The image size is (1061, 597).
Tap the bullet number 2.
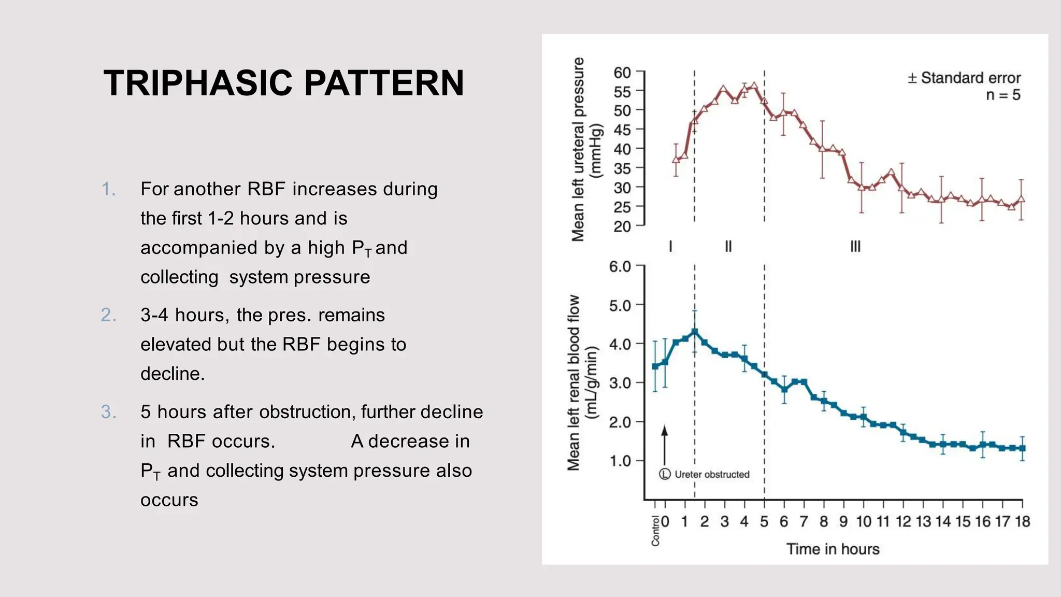point(108,315)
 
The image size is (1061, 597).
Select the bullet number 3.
point(108,412)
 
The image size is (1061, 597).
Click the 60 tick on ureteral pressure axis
point(622,73)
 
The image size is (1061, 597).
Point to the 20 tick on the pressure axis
point(622,226)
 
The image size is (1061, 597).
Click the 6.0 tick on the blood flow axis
point(620,266)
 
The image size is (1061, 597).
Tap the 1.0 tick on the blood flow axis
point(620,461)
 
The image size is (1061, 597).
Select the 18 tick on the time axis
point(1022,521)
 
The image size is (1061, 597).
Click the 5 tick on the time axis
point(764,521)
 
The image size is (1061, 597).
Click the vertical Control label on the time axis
point(655,531)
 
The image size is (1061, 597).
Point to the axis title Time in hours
point(833,549)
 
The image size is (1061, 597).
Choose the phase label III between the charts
point(855,246)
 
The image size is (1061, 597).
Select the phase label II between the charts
point(728,246)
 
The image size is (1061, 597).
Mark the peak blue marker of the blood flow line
point(695,332)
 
